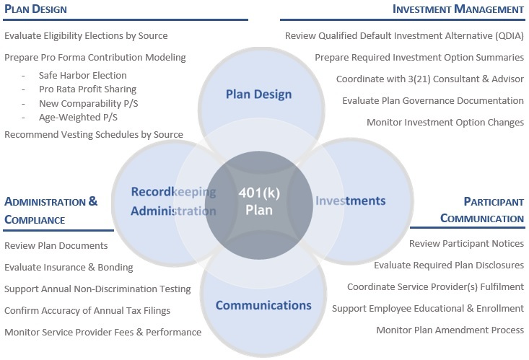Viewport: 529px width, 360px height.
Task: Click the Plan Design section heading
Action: (35, 9)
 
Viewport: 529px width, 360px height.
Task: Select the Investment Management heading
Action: (458, 9)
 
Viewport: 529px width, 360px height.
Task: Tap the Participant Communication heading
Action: (482, 210)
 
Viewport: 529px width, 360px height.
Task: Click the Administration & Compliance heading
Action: (51, 211)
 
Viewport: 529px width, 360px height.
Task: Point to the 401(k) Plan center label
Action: (259, 201)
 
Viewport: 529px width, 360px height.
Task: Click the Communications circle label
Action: (263, 305)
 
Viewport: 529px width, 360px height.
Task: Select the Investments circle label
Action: (351, 201)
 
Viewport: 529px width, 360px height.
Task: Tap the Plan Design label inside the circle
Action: (259, 95)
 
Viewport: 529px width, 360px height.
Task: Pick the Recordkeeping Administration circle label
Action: (173, 201)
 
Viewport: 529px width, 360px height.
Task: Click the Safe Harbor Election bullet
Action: (83, 75)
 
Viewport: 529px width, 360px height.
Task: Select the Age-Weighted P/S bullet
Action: (78, 117)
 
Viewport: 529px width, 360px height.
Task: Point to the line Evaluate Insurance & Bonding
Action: (69, 267)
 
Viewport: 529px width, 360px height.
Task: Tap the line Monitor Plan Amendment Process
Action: (450, 330)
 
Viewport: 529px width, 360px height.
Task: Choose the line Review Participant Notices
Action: (467, 244)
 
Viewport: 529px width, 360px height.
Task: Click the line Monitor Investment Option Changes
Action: (445, 122)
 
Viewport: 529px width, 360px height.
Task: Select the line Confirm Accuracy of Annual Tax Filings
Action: (87, 311)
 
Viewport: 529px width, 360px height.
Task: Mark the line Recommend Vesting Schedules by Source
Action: (94, 135)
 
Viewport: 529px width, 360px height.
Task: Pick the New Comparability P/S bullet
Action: (88, 103)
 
